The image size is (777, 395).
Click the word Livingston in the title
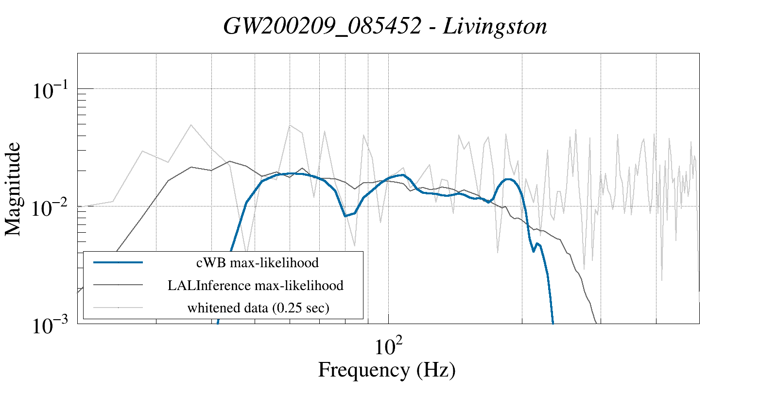coord(495,26)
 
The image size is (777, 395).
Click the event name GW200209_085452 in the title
coord(322,26)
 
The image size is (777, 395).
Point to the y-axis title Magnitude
coord(13,189)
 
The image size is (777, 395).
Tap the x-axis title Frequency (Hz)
coord(387,370)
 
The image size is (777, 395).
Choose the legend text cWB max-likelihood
coord(257,263)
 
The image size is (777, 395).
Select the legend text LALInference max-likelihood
coord(256,285)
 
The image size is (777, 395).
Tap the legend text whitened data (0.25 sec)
coord(258,308)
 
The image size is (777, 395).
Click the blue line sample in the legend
coord(118,262)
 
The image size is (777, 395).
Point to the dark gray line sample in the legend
coord(118,285)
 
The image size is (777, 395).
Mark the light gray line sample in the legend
coord(118,307)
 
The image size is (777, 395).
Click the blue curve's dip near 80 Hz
coord(345,216)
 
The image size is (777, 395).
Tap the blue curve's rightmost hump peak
coord(508,179)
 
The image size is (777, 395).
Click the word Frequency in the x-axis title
coord(363,370)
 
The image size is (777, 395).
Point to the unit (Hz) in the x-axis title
coord(436,370)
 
